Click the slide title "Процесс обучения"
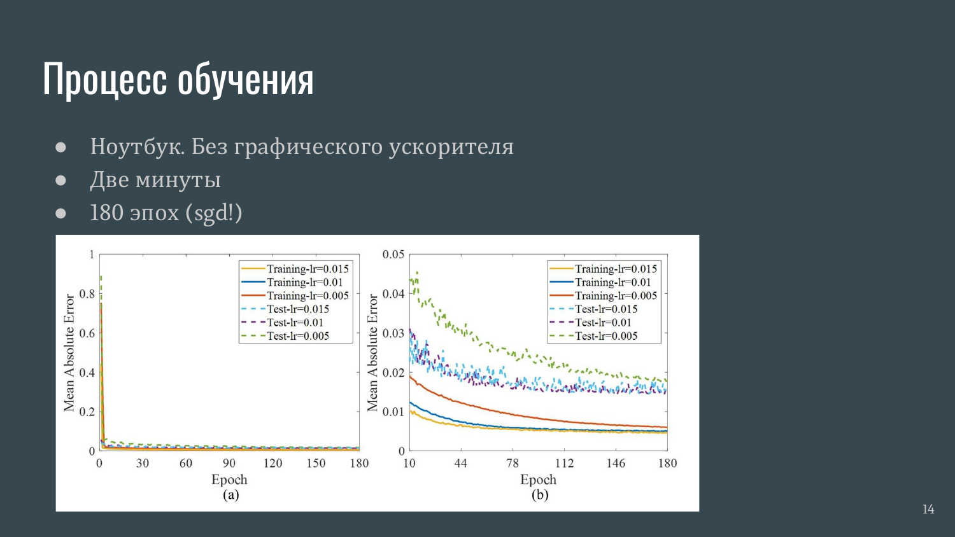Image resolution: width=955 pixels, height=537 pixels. pyautogui.click(x=178, y=80)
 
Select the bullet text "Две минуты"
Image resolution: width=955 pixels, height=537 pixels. pyautogui.click(x=155, y=179)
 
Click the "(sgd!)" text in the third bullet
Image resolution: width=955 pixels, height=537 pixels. pyautogui.click(x=214, y=213)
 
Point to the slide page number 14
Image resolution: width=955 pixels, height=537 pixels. pyautogui.click(x=928, y=509)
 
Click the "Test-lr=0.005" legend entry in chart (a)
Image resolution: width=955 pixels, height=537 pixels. pyautogui.click(x=298, y=337)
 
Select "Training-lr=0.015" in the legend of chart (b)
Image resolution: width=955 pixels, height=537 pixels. pyautogui.click(x=616, y=269)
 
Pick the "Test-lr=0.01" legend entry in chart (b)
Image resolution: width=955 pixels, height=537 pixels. pyautogui.click(x=603, y=323)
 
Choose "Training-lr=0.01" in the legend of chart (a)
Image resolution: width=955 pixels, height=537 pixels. pyautogui.click(x=305, y=282)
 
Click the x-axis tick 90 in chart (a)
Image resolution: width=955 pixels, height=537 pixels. pyautogui.click(x=229, y=463)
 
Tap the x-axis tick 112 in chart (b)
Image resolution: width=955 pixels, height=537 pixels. pyautogui.click(x=564, y=463)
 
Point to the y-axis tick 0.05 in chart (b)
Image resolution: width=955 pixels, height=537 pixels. pyautogui.click(x=393, y=255)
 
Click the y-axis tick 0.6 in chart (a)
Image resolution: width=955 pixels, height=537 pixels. pyautogui.click(x=87, y=333)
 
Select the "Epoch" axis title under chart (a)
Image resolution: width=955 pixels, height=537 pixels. pyautogui.click(x=229, y=480)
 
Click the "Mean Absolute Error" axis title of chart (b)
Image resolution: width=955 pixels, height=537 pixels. pyautogui.click(x=372, y=353)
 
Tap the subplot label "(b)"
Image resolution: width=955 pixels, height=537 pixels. pyautogui.click(x=540, y=495)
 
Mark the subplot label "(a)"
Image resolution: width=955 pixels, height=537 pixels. pyautogui.click(x=230, y=495)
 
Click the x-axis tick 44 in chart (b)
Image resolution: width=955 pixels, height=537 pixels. pyautogui.click(x=461, y=463)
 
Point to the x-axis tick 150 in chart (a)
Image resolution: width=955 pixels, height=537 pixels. pyautogui.click(x=316, y=463)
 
